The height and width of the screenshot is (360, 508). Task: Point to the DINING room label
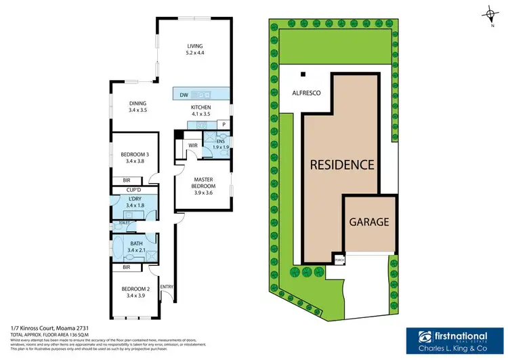tap(138, 106)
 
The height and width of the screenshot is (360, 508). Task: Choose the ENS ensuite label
tap(221, 144)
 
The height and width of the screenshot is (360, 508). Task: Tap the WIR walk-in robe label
tap(192, 145)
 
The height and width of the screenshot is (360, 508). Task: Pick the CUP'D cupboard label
tap(133, 190)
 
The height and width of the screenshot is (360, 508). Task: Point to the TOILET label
tap(124, 222)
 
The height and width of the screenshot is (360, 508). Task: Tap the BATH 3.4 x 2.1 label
tap(136, 247)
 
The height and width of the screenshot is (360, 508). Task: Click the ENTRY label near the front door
tap(166, 287)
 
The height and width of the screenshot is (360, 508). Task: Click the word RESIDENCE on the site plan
tap(342, 164)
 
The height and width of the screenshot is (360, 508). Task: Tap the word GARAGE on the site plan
tap(368, 222)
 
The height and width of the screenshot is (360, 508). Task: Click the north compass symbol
tap(489, 13)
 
